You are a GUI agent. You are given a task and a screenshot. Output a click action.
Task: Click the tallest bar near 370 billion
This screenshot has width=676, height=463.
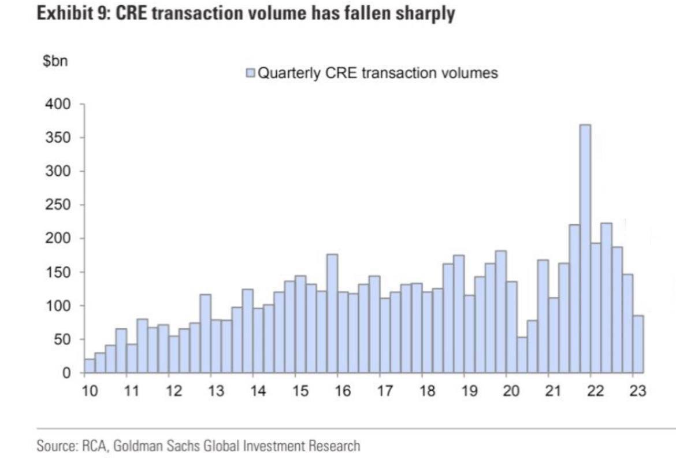pyautogui.click(x=585, y=249)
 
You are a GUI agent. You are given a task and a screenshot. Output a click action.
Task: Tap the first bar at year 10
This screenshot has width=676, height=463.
pyautogui.click(x=90, y=366)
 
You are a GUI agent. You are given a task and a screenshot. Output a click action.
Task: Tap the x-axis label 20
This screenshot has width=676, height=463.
pyautogui.click(x=511, y=391)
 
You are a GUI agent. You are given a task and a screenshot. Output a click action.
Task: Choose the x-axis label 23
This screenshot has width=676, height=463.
pyautogui.click(x=638, y=391)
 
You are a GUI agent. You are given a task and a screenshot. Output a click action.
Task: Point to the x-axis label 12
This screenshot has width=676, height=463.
pyautogui.click(x=174, y=391)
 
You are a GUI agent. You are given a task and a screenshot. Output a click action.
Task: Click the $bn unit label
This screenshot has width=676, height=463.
pyautogui.click(x=55, y=62)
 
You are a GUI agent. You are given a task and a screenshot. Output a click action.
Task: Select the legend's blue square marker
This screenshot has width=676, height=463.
pyautogui.click(x=251, y=73)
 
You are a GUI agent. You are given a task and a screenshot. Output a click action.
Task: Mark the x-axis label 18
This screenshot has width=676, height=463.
pyautogui.click(x=427, y=391)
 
